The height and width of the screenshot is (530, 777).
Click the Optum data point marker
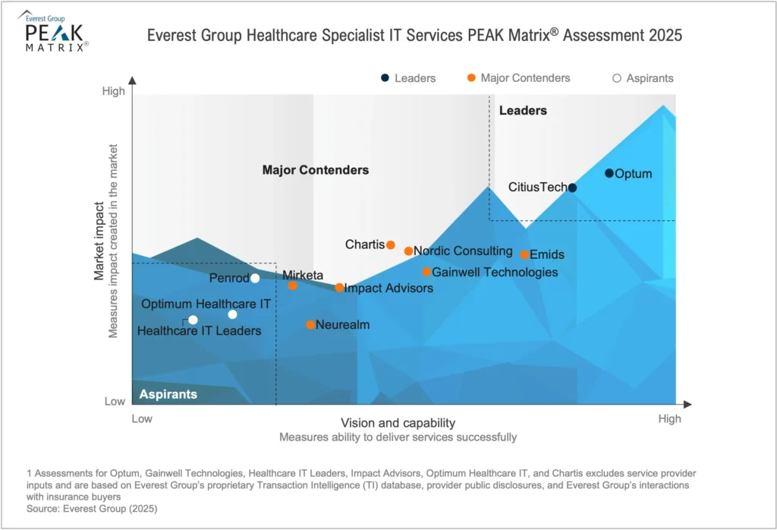(609, 173)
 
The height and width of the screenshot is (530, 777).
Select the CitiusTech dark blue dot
(572, 188)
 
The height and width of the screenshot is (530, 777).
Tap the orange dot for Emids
(524, 254)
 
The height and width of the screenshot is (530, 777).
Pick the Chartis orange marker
(391, 244)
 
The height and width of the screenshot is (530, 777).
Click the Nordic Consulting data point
(408, 251)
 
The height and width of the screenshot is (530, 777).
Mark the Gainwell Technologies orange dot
(426, 272)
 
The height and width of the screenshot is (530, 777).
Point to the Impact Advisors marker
(339, 288)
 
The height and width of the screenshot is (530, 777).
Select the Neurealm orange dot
(310, 325)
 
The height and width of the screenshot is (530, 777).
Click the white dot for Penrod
(255, 278)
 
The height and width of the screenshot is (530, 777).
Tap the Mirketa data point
(293, 286)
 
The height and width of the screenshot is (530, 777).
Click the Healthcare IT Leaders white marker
(193, 320)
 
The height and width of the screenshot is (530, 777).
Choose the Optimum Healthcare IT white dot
(232, 314)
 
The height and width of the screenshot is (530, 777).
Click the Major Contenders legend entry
(518, 77)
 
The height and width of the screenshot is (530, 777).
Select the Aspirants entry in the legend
(643, 77)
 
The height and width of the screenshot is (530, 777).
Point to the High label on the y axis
(113, 92)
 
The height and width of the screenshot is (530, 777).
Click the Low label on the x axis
(142, 418)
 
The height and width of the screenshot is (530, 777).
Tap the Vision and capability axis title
(398, 423)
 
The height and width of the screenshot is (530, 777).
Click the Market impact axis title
(99, 241)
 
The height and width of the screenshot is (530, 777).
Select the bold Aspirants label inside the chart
(168, 394)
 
